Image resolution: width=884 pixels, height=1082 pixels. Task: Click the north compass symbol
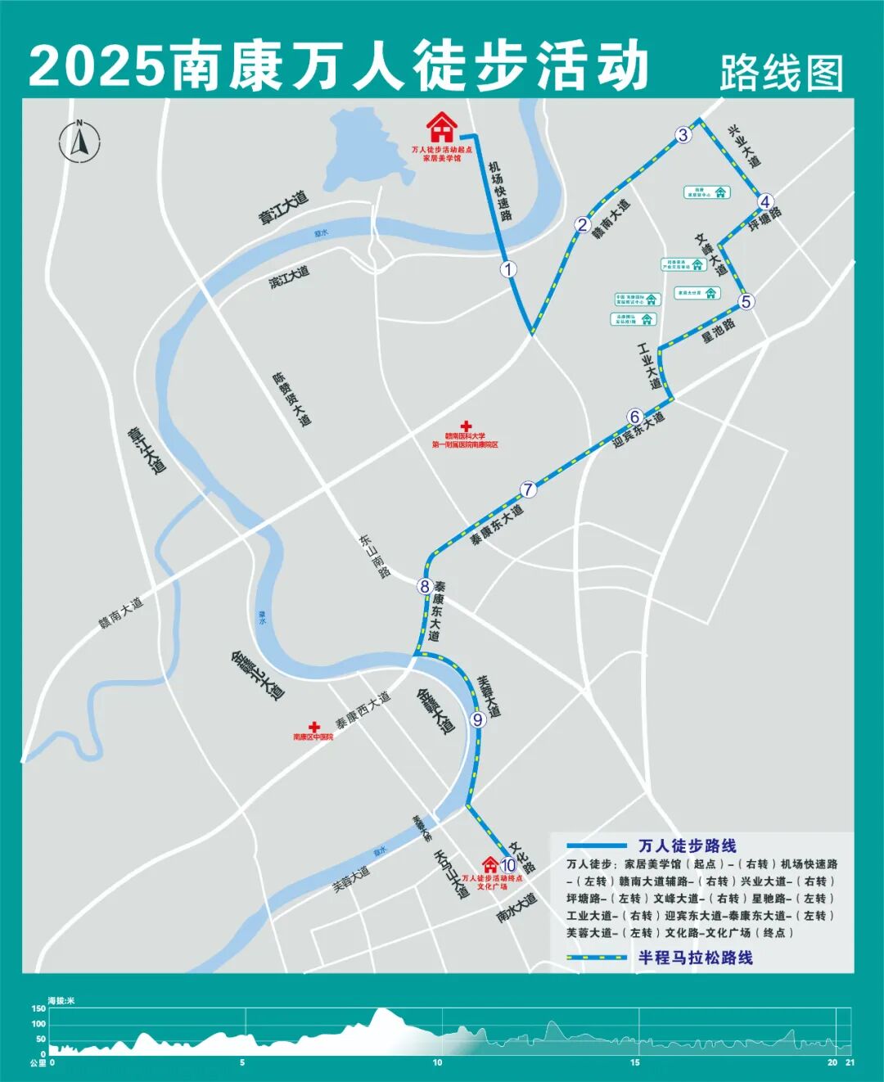pos(79,141)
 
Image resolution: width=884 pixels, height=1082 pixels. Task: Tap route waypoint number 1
pos(509,268)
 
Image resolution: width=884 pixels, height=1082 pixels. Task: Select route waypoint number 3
pos(683,136)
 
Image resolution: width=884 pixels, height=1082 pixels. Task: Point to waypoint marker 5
pos(746,302)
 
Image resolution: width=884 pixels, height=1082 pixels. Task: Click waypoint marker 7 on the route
pos(529,489)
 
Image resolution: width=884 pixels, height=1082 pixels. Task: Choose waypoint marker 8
pos(424,586)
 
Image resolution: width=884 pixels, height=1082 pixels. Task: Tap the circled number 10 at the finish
pos(507,864)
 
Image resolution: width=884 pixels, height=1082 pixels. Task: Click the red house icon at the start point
pos(441,128)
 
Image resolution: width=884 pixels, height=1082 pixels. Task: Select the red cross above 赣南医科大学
pos(466,426)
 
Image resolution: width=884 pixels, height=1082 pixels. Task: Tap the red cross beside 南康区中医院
pos(313,726)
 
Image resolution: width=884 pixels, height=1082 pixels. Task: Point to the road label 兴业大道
pos(744,146)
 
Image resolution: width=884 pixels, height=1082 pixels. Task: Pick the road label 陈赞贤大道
pos(292,399)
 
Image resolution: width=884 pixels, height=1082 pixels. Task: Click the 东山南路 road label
pos(374,557)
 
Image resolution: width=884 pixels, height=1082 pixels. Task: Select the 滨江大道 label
pos(290,277)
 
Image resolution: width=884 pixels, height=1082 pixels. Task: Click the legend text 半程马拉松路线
pos(695,957)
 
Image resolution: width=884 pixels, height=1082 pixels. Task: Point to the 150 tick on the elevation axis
pos(38,1009)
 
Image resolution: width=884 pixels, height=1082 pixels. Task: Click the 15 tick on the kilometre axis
pos(635,1062)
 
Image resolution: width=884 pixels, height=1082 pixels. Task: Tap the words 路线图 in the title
pos(781,74)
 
